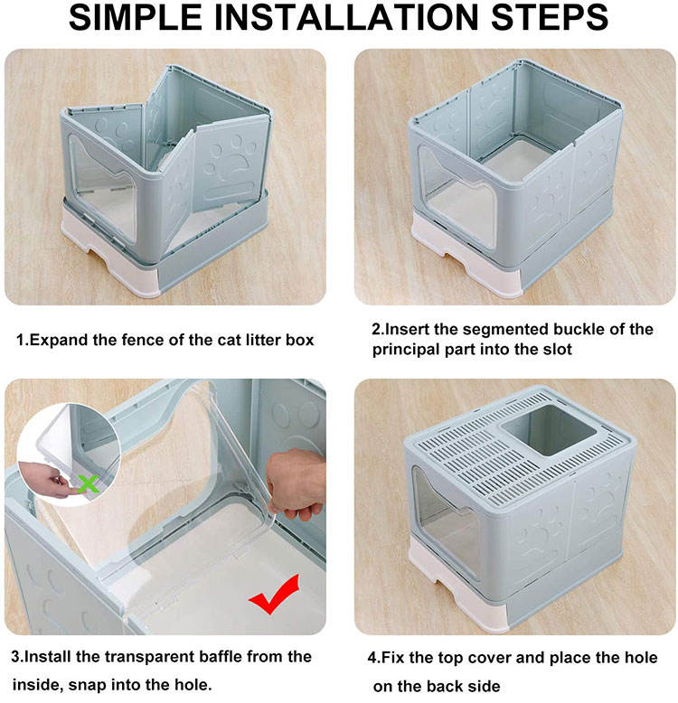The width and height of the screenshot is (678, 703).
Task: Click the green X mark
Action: [x=87, y=484]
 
